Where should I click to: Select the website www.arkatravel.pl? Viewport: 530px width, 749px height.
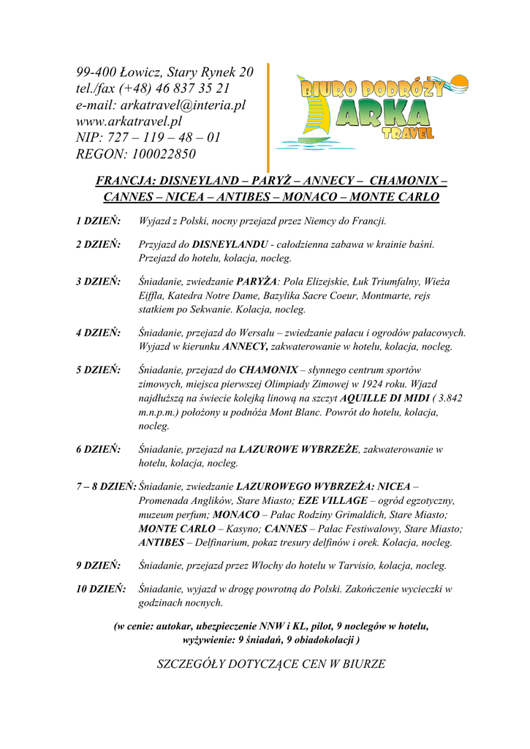coord(129,121)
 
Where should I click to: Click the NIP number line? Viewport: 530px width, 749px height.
coord(148,138)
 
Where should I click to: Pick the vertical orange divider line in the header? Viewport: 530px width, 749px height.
coord(268,117)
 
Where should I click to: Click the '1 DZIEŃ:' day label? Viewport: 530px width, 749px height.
coord(99,221)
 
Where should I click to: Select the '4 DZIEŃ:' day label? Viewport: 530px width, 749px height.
coord(99,333)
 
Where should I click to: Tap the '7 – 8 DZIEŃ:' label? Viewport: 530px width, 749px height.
coord(107,486)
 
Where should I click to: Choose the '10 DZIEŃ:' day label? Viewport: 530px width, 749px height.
coord(101,589)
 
